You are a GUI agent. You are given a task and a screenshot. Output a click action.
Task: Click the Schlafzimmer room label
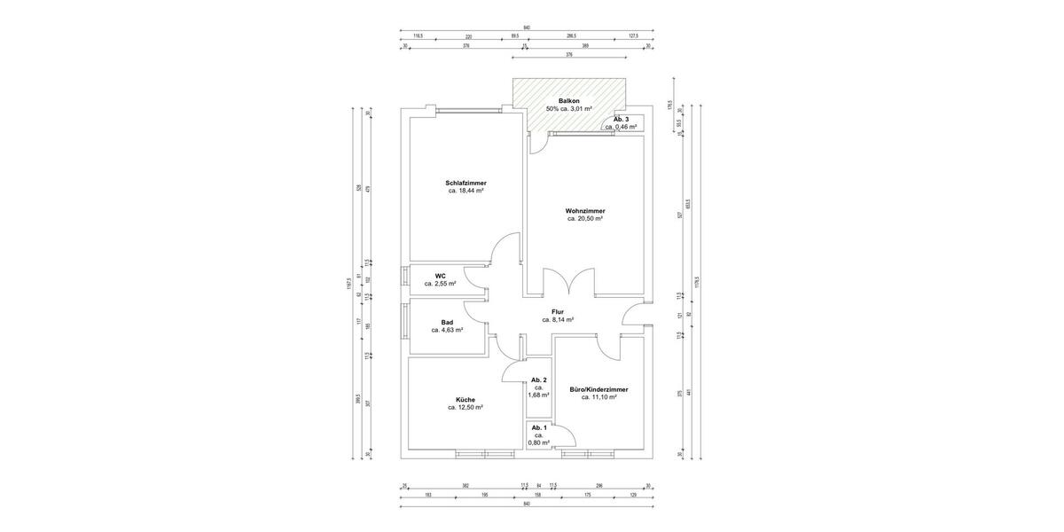[x=465, y=183]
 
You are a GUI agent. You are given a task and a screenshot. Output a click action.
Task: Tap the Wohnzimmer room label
[x=584, y=210]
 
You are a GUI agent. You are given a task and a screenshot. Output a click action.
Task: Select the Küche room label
[x=465, y=400]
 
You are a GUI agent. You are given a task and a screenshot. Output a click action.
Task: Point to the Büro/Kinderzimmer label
[x=598, y=389]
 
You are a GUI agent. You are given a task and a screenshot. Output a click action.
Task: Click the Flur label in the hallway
[x=558, y=312]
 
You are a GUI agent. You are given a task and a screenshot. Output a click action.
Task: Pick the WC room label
[x=440, y=276]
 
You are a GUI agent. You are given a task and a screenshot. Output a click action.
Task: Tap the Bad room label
[x=447, y=322]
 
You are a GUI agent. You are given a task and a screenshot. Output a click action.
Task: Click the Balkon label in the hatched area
[x=569, y=101]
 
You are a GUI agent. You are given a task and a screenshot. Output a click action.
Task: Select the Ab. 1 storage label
[x=538, y=428]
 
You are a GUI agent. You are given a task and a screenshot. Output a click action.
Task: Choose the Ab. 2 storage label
[x=538, y=379]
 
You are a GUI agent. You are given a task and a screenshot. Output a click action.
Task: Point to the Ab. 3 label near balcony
[x=621, y=119]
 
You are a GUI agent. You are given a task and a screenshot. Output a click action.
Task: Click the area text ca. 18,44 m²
[x=465, y=191]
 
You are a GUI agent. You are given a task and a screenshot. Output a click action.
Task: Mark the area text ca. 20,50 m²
[x=584, y=218]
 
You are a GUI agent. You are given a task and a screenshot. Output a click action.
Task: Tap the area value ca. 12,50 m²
[x=465, y=408]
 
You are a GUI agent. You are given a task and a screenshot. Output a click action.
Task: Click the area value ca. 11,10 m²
[x=598, y=397]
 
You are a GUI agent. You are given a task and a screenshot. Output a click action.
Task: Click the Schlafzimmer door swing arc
[x=507, y=248]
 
